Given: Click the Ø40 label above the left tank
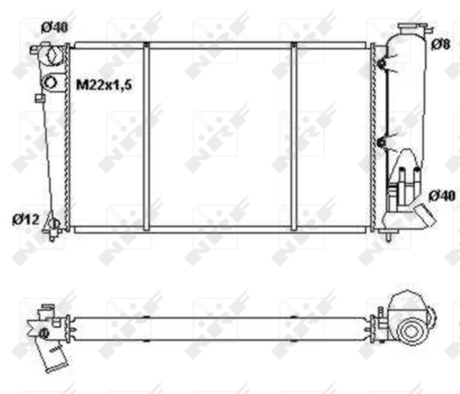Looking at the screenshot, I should [x=54, y=28].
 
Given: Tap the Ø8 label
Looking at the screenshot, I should [x=440, y=44].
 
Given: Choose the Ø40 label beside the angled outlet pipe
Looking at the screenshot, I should [x=442, y=196].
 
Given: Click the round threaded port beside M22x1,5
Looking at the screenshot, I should [x=51, y=83].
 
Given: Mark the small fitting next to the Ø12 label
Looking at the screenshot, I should [x=52, y=225].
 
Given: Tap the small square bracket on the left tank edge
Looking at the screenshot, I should [x=39, y=98].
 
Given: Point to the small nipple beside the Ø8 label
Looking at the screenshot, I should [x=427, y=30].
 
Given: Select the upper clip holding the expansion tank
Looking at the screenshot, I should [x=381, y=64].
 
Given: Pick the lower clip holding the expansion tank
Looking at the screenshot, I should [x=381, y=142].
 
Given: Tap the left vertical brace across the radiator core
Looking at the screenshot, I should [x=146, y=137].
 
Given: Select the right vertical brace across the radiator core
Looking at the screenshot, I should [x=293, y=137].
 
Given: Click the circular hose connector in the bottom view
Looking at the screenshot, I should [x=411, y=330].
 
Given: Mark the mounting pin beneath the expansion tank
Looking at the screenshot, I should [x=391, y=234].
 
